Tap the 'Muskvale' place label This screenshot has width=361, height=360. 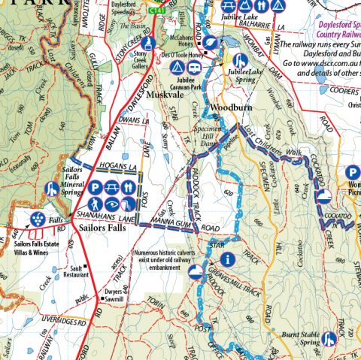[167, 95]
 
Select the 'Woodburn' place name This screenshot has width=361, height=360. [228, 107]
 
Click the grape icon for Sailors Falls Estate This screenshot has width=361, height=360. [36, 219]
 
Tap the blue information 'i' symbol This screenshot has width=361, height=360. [226, 259]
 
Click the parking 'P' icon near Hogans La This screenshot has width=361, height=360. [96, 187]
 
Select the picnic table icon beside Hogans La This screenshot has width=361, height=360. [114, 187]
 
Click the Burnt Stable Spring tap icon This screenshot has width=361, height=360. [328, 339]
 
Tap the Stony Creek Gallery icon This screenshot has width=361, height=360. [148, 43]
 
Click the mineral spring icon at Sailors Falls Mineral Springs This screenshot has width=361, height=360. [52, 189]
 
